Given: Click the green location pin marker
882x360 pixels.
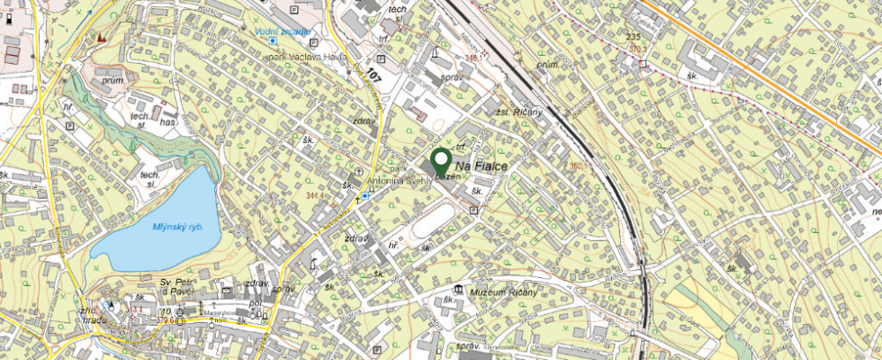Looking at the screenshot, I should (x=441, y=162).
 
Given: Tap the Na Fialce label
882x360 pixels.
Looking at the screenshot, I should (x=481, y=167).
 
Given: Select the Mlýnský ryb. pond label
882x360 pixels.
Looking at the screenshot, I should (x=179, y=227).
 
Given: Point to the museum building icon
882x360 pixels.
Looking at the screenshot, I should (x=460, y=290).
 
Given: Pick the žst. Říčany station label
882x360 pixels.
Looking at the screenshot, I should (x=520, y=112).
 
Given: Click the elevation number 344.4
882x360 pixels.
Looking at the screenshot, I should (x=316, y=194).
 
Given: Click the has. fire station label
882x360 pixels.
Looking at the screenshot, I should (x=167, y=121).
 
